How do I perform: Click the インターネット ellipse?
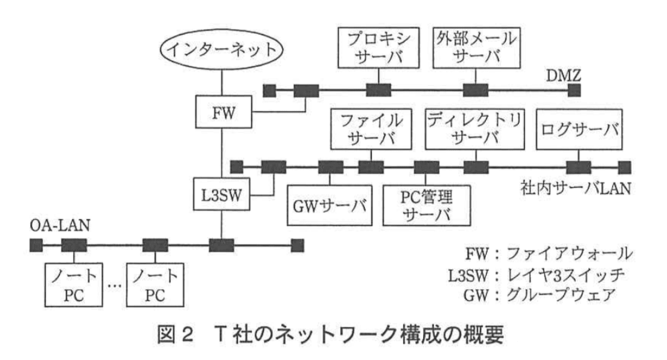click(x=222, y=50)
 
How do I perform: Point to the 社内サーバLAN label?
click(x=575, y=189)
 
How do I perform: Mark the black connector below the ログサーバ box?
click(x=578, y=166)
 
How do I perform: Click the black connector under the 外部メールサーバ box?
click(x=475, y=90)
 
